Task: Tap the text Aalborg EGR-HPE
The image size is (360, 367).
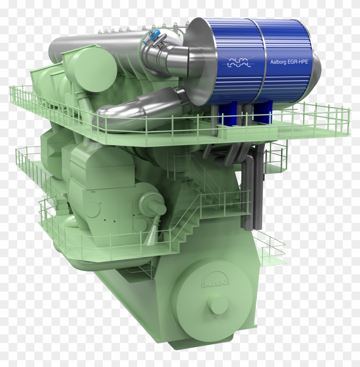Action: coord(288,62)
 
